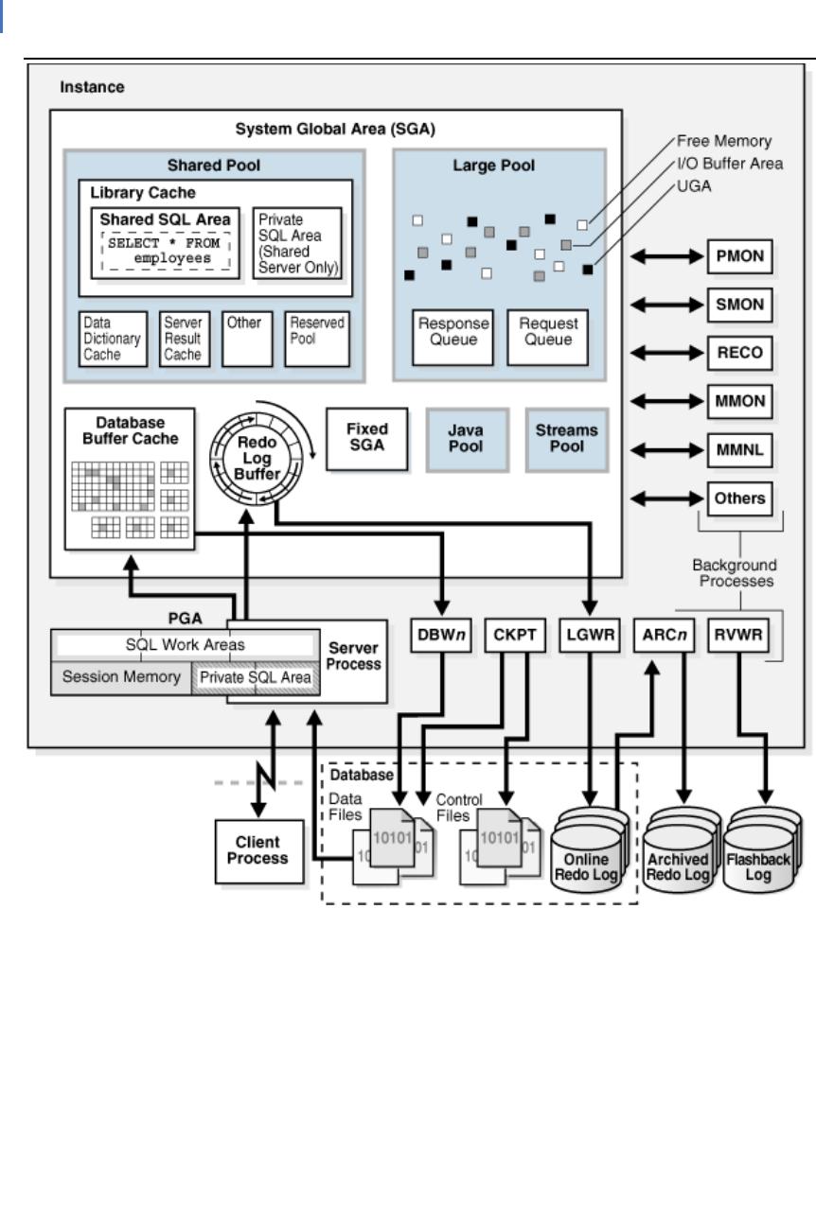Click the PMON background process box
(x=739, y=255)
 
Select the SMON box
(x=739, y=305)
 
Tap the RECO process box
(x=739, y=354)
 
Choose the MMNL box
(x=739, y=450)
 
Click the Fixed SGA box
(x=366, y=439)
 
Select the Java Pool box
(x=466, y=439)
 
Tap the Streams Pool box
(x=567, y=439)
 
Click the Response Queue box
(x=453, y=336)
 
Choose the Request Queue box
(x=548, y=336)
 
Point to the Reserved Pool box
(x=317, y=339)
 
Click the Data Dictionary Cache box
(x=113, y=339)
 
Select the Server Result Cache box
(x=184, y=339)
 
